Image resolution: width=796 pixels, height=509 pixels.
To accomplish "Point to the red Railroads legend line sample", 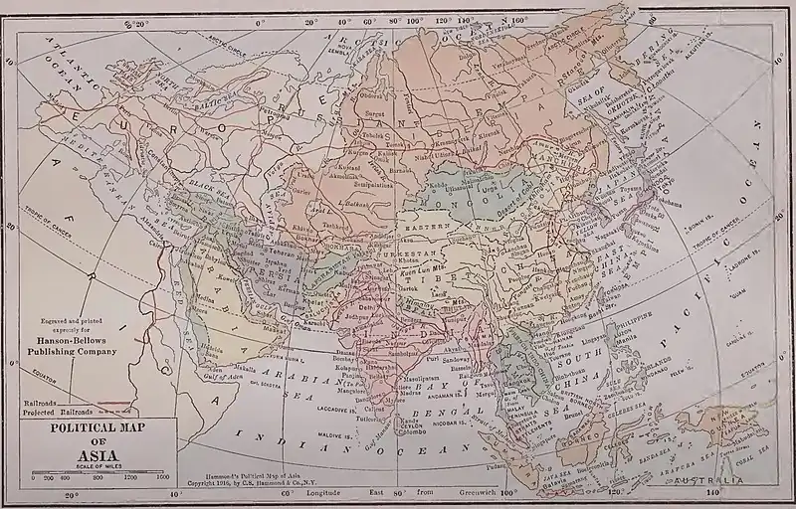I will point(117,406).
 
